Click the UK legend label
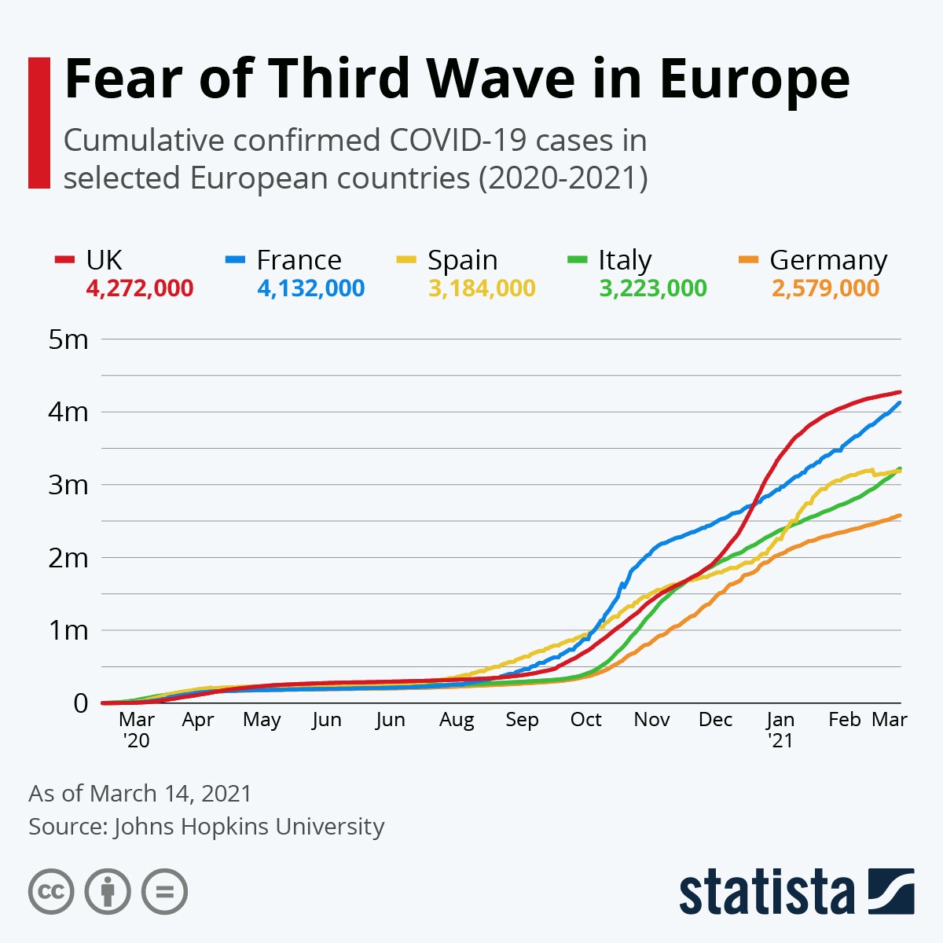pos(104,260)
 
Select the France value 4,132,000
pos(310,288)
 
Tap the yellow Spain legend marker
pos(406,259)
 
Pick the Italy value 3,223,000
pos(653,288)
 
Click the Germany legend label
pos(828,260)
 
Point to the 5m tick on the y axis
pos(68,339)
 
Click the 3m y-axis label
pos(68,485)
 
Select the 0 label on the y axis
pos(80,703)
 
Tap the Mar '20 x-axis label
pos(137,729)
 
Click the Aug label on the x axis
pos(457,720)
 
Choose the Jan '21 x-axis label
pos(780,729)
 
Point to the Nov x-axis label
pos(651,720)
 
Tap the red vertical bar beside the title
pos(39,123)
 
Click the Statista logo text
pos(766,892)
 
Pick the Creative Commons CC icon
pos(51,892)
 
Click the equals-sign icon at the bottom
pos(164,892)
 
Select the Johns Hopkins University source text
pos(248,827)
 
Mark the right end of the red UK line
pos(900,392)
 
